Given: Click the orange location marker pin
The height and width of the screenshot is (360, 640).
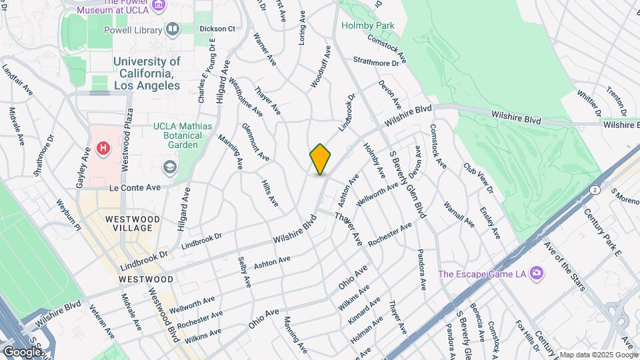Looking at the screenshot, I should [320, 159].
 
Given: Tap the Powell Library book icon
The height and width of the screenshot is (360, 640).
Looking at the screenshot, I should [173, 29].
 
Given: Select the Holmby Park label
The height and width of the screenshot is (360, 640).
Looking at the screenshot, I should [367, 26].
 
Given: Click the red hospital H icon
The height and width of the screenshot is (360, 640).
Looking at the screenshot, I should [103, 147].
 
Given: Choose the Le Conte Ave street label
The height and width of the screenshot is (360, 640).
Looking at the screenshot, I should [136, 188].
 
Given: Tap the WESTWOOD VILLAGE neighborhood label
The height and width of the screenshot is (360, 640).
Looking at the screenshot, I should [132, 223].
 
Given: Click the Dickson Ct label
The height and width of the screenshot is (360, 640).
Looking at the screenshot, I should [217, 29].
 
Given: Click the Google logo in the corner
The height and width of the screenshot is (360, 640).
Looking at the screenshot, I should [23, 351].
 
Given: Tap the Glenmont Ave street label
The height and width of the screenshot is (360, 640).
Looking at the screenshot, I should [255, 143].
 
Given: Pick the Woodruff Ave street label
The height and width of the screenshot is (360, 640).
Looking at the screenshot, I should [321, 67].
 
